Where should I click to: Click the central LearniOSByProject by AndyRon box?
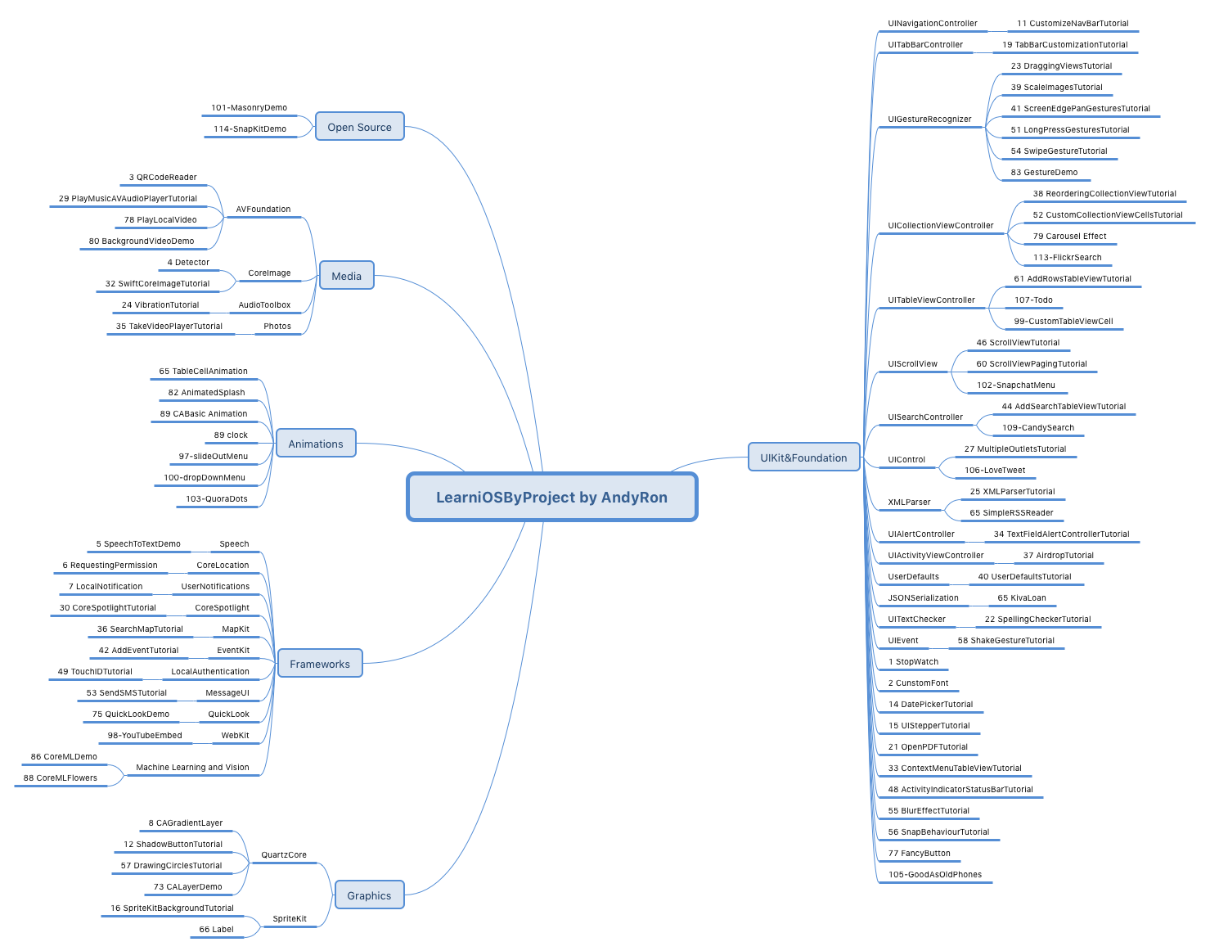point(551,497)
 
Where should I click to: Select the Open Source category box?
point(359,127)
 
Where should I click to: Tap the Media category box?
point(346,276)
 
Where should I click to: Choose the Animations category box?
point(316,444)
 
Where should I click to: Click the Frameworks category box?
point(319,664)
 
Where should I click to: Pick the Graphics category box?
point(369,895)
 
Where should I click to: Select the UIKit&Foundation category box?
point(803,457)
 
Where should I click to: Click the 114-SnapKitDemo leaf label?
point(250,129)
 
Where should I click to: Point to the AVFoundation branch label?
point(263,210)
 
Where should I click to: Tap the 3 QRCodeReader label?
point(163,178)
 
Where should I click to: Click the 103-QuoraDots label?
point(217,499)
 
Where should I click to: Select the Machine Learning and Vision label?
point(192,768)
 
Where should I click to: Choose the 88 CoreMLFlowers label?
point(61,778)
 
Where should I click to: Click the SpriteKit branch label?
point(290,919)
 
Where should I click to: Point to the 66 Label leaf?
point(217,930)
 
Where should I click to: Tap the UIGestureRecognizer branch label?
point(929,119)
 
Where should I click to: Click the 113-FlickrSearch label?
point(1067,258)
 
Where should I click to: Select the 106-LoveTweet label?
point(995,471)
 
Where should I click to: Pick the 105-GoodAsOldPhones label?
point(935,875)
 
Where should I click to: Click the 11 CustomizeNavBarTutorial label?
point(1073,24)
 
